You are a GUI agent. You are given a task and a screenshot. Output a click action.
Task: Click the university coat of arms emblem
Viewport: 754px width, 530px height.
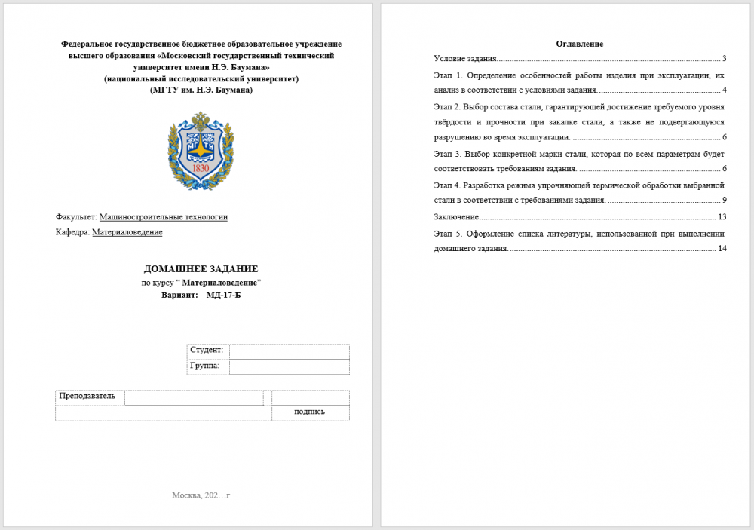[x=201, y=150]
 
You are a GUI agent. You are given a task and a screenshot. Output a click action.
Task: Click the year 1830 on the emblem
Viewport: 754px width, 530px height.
[x=201, y=168]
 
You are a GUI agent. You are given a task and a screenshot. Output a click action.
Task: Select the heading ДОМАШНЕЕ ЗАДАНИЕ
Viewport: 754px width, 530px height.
[x=201, y=268]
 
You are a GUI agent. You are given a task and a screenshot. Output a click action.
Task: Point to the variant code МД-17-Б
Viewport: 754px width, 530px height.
[x=224, y=295]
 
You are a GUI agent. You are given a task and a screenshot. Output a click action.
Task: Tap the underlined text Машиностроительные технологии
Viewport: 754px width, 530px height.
[x=164, y=217]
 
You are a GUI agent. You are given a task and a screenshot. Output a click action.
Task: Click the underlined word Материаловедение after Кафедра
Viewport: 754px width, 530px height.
[x=127, y=232]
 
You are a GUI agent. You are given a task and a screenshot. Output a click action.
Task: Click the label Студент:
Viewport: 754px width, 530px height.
[x=207, y=351]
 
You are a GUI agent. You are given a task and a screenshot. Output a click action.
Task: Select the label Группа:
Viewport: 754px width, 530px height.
[x=205, y=366]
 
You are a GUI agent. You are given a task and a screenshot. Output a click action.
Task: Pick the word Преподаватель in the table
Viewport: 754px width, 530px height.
[x=87, y=396]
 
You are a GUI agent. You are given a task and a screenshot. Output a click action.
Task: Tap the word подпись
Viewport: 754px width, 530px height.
[x=310, y=412]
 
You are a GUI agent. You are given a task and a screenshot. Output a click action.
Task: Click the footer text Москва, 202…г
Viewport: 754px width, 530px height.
[x=201, y=495]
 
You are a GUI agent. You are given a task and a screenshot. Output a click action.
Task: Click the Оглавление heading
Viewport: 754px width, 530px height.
[x=579, y=44]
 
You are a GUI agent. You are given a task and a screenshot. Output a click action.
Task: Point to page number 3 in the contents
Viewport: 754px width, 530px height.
[x=724, y=58]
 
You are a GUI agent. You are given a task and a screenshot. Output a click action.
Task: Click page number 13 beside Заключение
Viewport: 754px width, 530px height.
[x=722, y=217]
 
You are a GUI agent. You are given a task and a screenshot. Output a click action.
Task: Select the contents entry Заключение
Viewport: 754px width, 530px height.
[x=456, y=217]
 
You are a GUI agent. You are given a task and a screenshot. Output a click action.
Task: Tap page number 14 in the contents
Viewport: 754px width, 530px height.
[x=722, y=249]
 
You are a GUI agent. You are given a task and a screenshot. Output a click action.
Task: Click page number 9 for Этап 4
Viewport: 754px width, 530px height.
[x=724, y=201]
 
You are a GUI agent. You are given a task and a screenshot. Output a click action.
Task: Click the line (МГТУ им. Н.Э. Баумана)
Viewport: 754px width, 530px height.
[x=201, y=90]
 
